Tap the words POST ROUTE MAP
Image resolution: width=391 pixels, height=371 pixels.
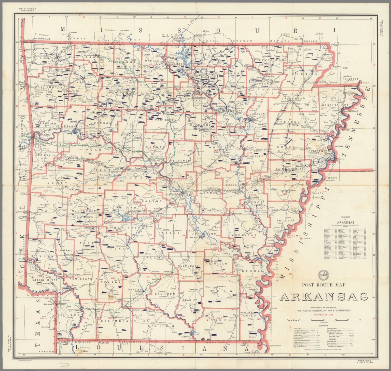click(324, 285)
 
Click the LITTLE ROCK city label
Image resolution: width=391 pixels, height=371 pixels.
click(173, 193)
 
